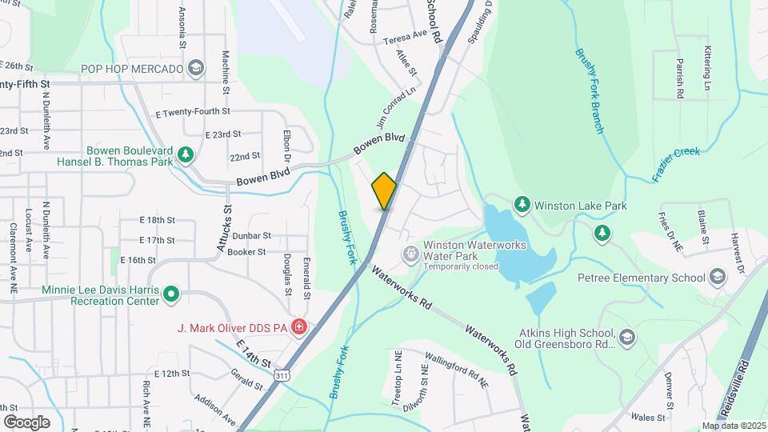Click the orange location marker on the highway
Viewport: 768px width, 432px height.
tap(384, 191)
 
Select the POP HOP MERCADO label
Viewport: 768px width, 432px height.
tap(131, 69)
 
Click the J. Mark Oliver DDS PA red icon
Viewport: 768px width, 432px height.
tap(298, 326)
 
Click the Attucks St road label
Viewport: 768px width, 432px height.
tap(225, 230)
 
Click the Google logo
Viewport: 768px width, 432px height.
tap(26, 422)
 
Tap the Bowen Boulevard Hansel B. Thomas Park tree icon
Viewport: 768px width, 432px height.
tap(186, 153)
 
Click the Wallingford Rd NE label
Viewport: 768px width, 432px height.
tap(456, 372)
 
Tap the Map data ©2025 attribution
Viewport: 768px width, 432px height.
tap(733, 426)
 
